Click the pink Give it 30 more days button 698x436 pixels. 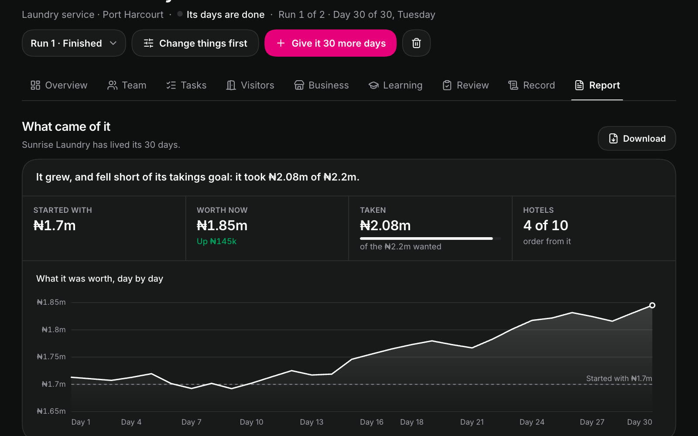pyautogui.click(x=330, y=43)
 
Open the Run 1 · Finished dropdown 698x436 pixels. pyautogui.click(x=74, y=43)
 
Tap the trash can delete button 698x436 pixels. pyautogui.click(x=416, y=43)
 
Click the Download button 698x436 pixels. pyautogui.click(x=636, y=139)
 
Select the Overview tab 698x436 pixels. pyautogui.click(x=59, y=85)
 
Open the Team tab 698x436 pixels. pyautogui.click(x=127, y=85)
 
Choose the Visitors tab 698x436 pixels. pyautogui.click(x=250, y=85)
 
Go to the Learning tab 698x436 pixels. pyautogui.click(x=395, y=85)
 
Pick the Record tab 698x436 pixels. pyautogui.click(x=532, y=85)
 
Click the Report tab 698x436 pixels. pyautogui.click(x=597, y=85)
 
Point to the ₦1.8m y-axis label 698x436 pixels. pyautogui.click(x=54, y=330)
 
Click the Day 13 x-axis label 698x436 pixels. pyautogui.click(x=311, y=422)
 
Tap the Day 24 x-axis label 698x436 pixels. pyautogui.click(x=532, y=422)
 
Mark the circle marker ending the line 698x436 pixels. pyautogui.click(x=652, y=305)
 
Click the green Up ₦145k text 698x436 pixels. pyautogui.click(x=216, y=242)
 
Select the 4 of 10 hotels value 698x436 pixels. pyautogui.click(x=546, y=225)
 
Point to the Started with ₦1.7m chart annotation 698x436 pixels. pyautogui.click(x=619, y=378)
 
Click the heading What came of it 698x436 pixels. pyautogui.click(x=66, y=127)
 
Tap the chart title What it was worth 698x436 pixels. pyautogui.click(x=100, y=279)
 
